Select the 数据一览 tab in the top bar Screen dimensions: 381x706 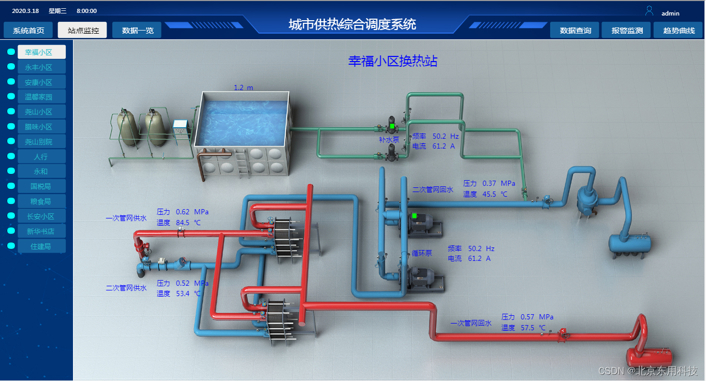[x=137, y=31]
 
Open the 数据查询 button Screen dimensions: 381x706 [x=575, y=31]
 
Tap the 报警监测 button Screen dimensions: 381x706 [x=627, y=31]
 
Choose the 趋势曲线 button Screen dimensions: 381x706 [x=679, y=31]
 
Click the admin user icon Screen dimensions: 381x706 [x=649, y=11]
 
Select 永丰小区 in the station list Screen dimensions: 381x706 [x=41, y=67]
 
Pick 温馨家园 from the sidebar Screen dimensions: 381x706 [x=41, y=97]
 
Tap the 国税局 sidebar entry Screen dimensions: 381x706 [x=41, y=186]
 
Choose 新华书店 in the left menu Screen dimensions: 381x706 [x=41, y=231]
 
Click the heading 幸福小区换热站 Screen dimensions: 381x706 [x=392, y=61]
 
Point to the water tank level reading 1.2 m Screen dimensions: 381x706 [x=243, y=87]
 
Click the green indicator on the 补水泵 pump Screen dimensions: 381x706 [x=392, y=126]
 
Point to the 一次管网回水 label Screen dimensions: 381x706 [x=470, y=323]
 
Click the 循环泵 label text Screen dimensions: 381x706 [x=422, y=254]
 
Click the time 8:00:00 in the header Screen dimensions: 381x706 [x=86, y=11]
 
